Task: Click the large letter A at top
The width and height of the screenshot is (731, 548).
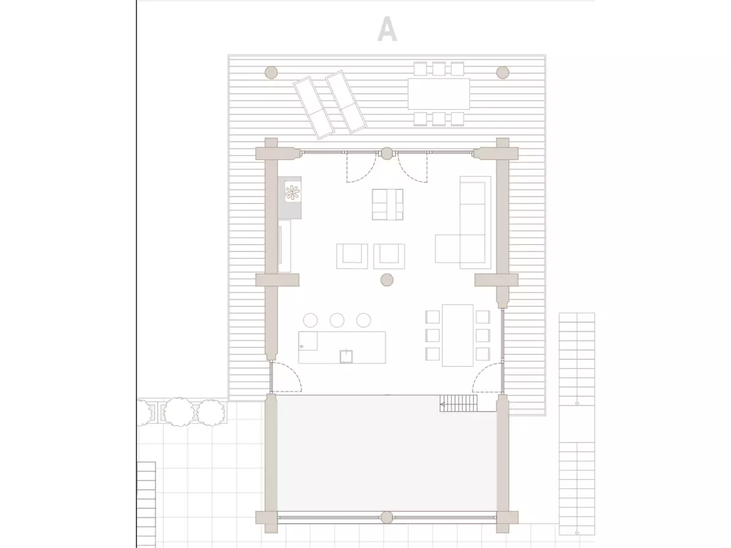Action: coord(387,29)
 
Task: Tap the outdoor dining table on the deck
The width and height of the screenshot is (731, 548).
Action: coord(439,94)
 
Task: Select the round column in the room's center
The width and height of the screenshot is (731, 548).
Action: coord(387,280)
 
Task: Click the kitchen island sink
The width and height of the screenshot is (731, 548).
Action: coord(346,356)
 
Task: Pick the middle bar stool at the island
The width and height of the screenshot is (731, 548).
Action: coord(337,320)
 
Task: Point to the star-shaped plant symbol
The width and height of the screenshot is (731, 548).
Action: coord(292,192)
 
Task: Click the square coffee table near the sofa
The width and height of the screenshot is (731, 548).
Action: coord(387,205)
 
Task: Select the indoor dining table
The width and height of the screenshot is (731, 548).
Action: coord(457,335)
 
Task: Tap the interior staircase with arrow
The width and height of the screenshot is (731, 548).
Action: coord(458,403)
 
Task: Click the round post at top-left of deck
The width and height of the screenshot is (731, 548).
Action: coord(271,72)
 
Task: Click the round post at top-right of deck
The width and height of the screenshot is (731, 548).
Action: coord(503,72)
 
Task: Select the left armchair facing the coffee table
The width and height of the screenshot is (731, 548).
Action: coord(352,256)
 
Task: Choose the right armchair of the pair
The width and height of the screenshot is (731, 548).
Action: coord(389,256)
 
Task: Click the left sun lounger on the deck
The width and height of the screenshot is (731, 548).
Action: coord(314,108)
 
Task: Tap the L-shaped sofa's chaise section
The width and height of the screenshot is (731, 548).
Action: coord(448,248)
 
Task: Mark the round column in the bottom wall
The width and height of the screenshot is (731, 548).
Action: coord(387,518)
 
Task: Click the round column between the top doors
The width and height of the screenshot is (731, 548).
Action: coord(387,153)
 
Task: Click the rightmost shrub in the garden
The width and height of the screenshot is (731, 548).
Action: coord(211,413)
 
